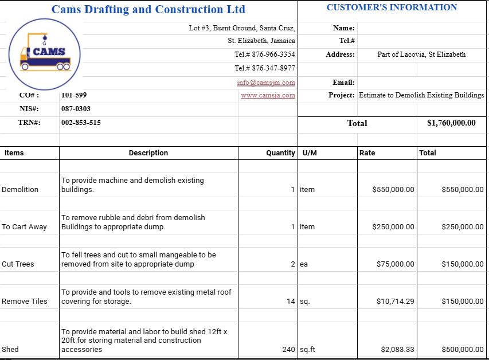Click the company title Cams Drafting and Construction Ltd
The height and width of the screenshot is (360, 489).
click(x=148, y=9)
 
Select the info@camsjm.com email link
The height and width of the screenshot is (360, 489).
click(x=266, y=83)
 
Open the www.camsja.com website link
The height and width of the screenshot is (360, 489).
click(x=268, y=96)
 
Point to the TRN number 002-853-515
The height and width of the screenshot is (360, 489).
click(x=81, y=123)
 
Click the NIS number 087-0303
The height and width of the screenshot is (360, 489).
click(x=76, y=109)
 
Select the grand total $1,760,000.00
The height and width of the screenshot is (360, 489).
click(x=451, y=123)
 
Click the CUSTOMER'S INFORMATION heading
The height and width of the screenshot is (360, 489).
click(x=392, y=7)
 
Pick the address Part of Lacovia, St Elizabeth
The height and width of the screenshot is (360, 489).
click(x=421, y=54)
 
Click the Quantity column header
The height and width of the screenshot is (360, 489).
click(x=280, y=153)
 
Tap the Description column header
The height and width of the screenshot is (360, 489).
click(x=148, y=153)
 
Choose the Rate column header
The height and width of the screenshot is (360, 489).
click(x=367, y=153)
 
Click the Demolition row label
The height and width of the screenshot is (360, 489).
click(x=20, y=190)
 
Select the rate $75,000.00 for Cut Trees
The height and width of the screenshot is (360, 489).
click(x=395, y=264)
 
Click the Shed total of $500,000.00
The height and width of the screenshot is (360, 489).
click(x=462, y=350)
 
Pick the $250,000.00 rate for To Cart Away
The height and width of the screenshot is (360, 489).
click(x=393, y=227)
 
